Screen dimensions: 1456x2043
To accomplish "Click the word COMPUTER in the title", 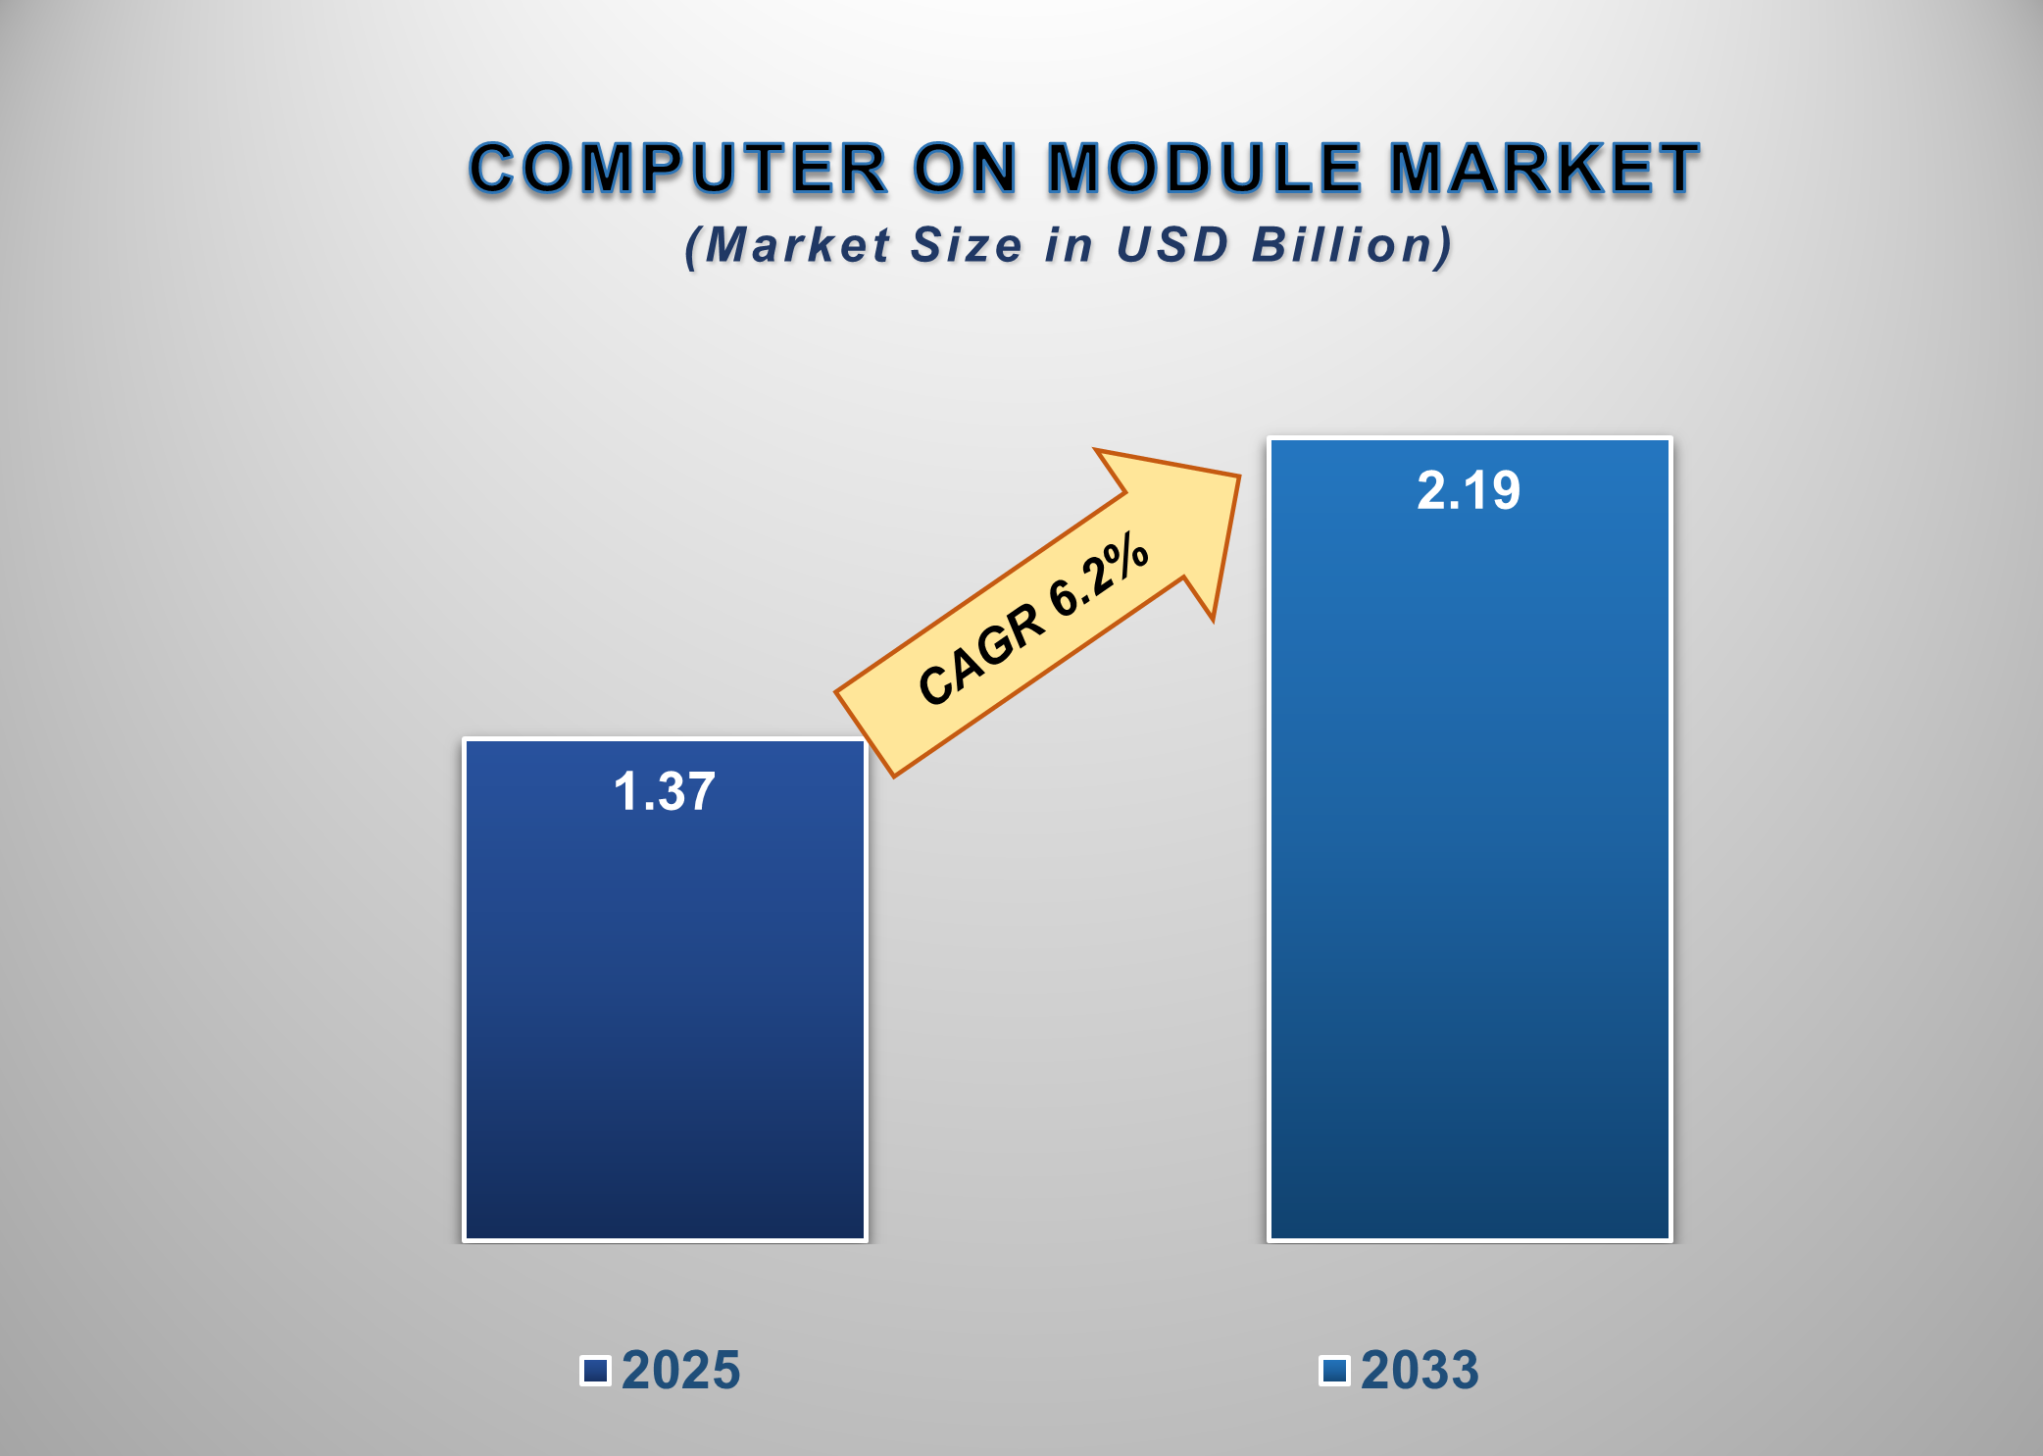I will pyautogui.click(x=678, y=168).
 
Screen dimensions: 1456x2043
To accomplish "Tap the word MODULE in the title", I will pyautogui.click(x=1205, y=168).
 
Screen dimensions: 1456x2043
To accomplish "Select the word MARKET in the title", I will pyautogui.click(x=1544, y=168).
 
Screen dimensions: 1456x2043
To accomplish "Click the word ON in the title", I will pyautogui.click(x=967, y=168).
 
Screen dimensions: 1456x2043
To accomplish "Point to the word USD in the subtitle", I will pyautogui.click(x=1172, y=244).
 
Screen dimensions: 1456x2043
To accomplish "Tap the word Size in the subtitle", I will pyautogui.click(x=967, y=244).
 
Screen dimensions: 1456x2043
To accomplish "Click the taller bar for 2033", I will pyautogui.click(x=1469, y=882).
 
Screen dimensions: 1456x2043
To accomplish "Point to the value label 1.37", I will pyautogui.click(x=665, y=791).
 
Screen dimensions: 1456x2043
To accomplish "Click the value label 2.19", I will pyautogui.click(x=1469, y=490).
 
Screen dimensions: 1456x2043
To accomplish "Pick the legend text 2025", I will pyautogui.click(x=681, y=1370).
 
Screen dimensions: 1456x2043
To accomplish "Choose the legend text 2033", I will pyautogui.click(x=1420, y=1370).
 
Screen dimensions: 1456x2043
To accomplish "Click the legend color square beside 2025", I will pyautogui.click(x=595, y=1370).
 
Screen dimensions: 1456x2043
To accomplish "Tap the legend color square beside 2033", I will pyautogui.click(x=1334, y=1370).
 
